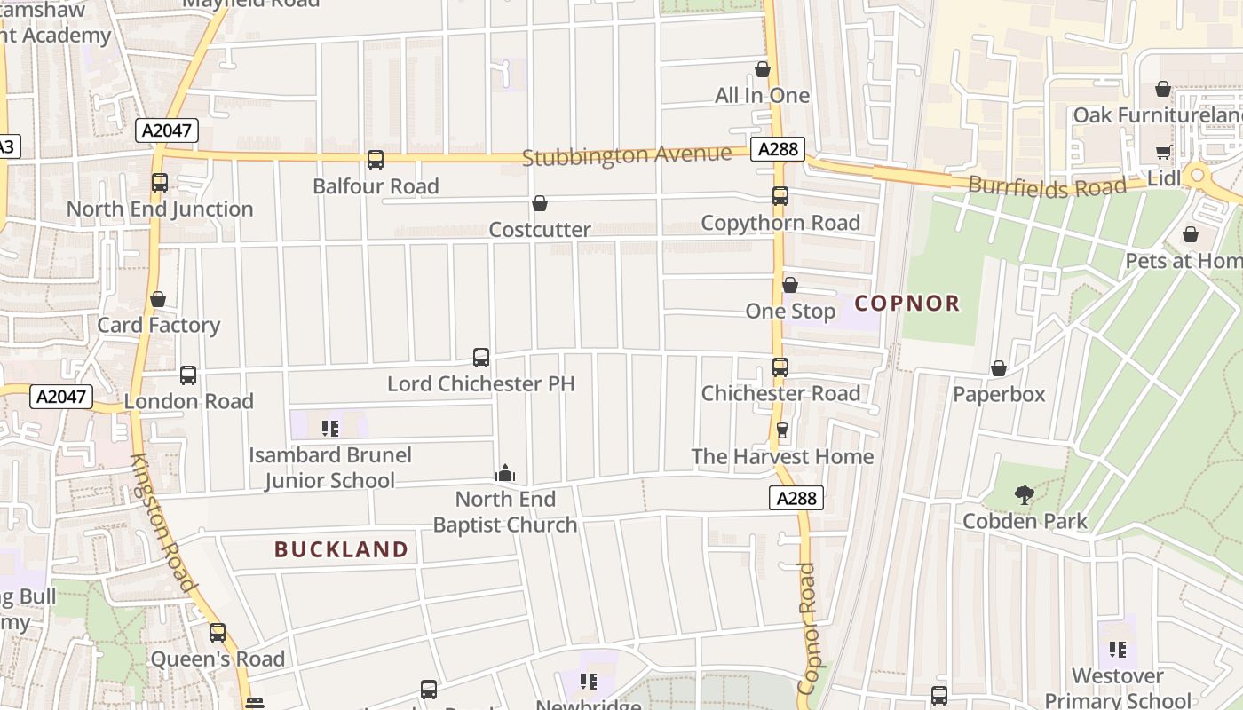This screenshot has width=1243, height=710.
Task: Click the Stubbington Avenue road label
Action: pyautogui.click(x=627, y=155)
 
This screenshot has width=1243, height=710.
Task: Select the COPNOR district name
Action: pyautogui.click(x=907, y=304)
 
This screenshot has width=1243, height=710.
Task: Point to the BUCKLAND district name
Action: pyautogui.click(x=341, y=549)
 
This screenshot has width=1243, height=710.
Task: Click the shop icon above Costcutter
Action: pyautogui.click(x=540, y=204)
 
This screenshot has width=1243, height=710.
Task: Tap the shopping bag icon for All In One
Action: pyautogui.click(x=763, y=69)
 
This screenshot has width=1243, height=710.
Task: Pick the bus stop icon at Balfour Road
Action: pyautogui.click(x=376, y=160)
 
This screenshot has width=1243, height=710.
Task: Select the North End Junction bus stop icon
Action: pyautogui.click(x=160, y=183)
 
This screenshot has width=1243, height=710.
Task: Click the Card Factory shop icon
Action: pyautogui.click(x=158, y=299)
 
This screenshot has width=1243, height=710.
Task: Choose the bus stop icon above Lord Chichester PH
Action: pyautogui.click(x=481, y=358)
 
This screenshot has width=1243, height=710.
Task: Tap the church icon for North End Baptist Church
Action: pyautogui.click(x=505, y=473)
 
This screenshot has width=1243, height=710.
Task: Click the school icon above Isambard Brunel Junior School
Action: pyautogui.click(x=330, y=429)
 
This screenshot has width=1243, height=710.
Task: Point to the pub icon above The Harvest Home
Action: pyautogui.click(x=782, y=430)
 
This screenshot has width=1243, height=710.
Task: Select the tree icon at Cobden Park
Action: pyautogui.click(x=1025, y=495)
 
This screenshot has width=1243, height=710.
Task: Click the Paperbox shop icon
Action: pyautogui.click(x=999, y=368)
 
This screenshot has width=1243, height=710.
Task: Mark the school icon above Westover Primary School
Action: pyautogui.click(x=1118, y=650)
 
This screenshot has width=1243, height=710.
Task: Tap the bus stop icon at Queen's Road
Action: pyautogui.click(x=218, y=633)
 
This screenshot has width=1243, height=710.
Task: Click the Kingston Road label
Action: pyautogui.click(x=162, y=523)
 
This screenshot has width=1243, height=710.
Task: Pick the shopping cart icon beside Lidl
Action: pyautogui.click(x=1163, y=153)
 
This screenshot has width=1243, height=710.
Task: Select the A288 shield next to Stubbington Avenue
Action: pyautogui.click(x=779, y=149)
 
